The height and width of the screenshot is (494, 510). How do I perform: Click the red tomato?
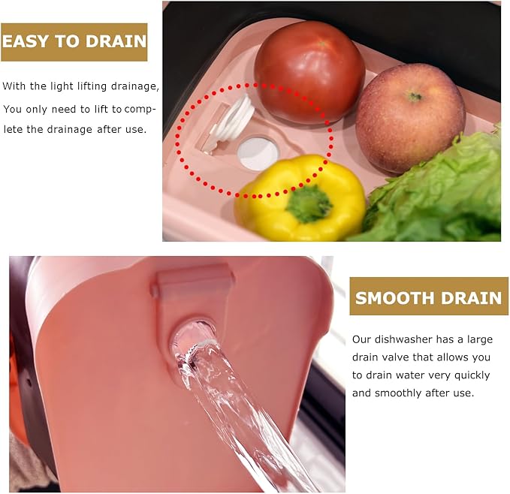(x=309, y=72)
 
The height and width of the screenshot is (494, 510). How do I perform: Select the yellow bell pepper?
(x=300, y=197)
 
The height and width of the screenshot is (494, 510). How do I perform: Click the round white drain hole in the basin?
(x=258, y=152)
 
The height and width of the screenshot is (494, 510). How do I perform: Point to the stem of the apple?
(x=414, y=96)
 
